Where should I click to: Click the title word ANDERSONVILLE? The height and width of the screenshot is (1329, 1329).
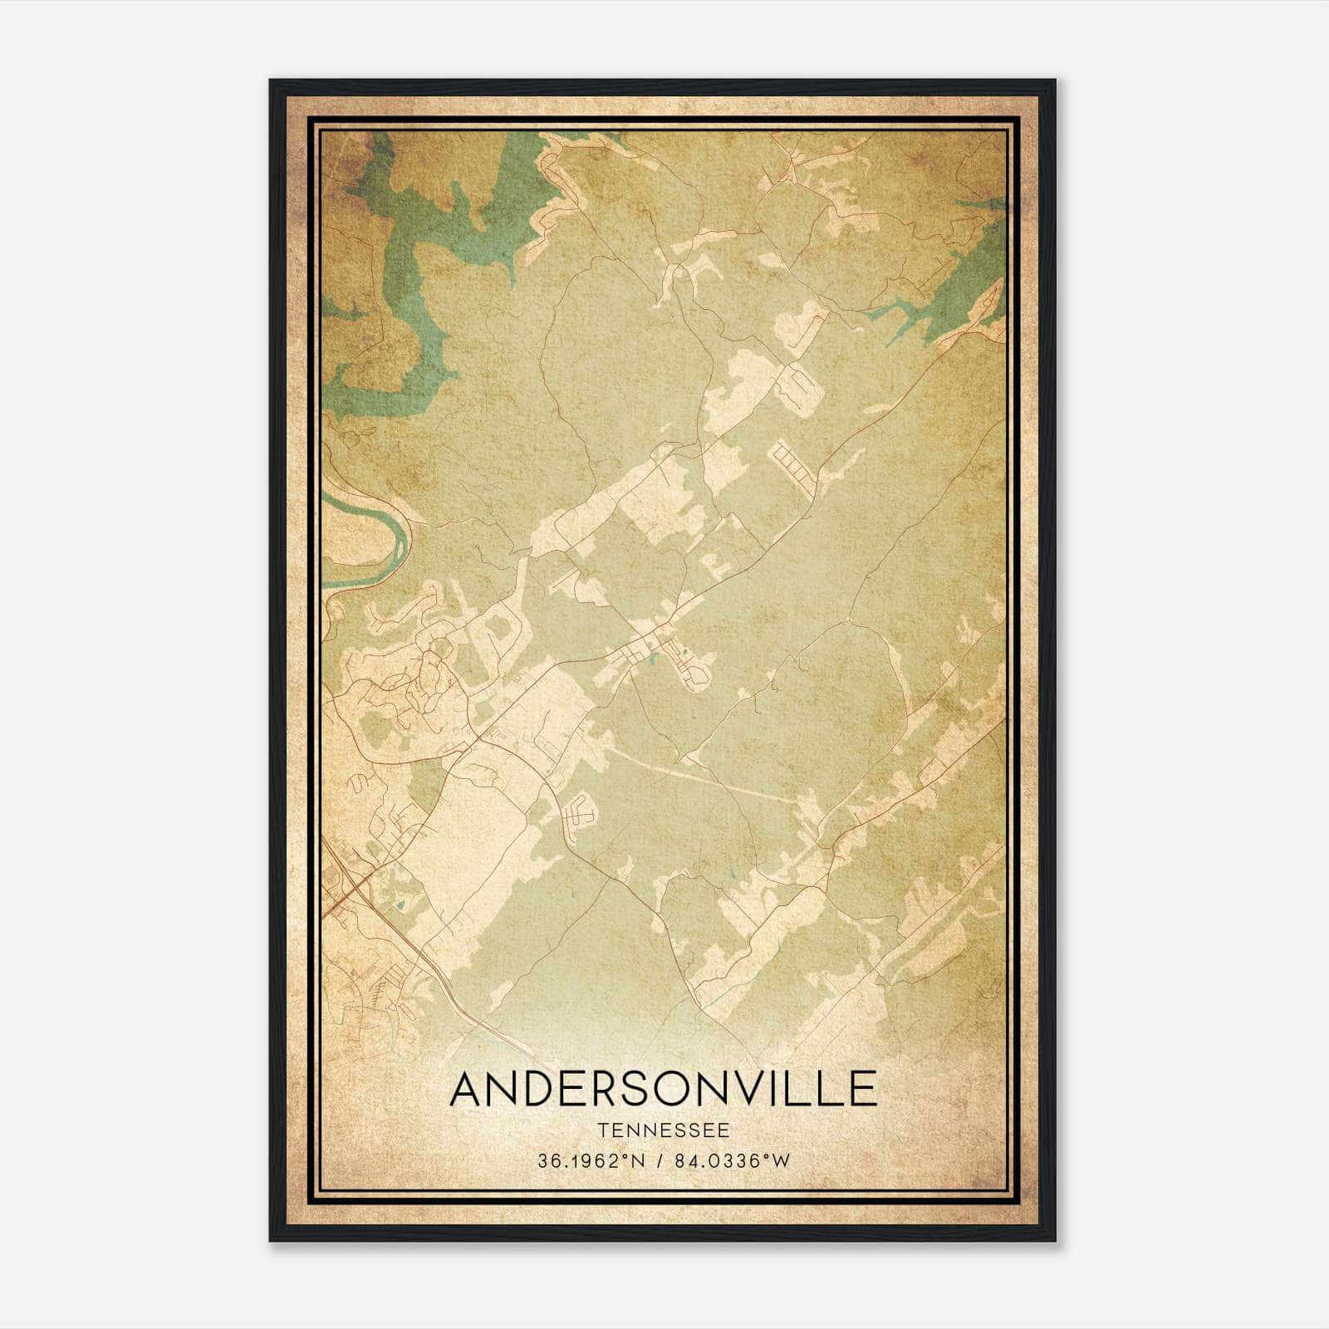tap(663, 1089)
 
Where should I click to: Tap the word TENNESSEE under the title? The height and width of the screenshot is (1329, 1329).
tap(663, 1130)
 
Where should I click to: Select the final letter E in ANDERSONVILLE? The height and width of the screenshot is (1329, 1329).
tap(865, 1089)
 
